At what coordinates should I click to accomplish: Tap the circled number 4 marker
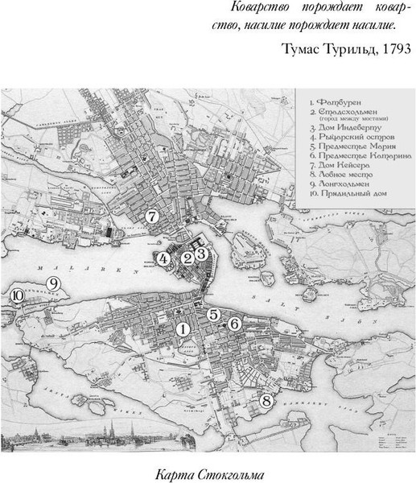163,258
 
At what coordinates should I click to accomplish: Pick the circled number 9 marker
54,283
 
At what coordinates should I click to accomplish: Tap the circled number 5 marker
214,314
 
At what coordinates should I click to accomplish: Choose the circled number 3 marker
202,253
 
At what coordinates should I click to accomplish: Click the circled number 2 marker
187,258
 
